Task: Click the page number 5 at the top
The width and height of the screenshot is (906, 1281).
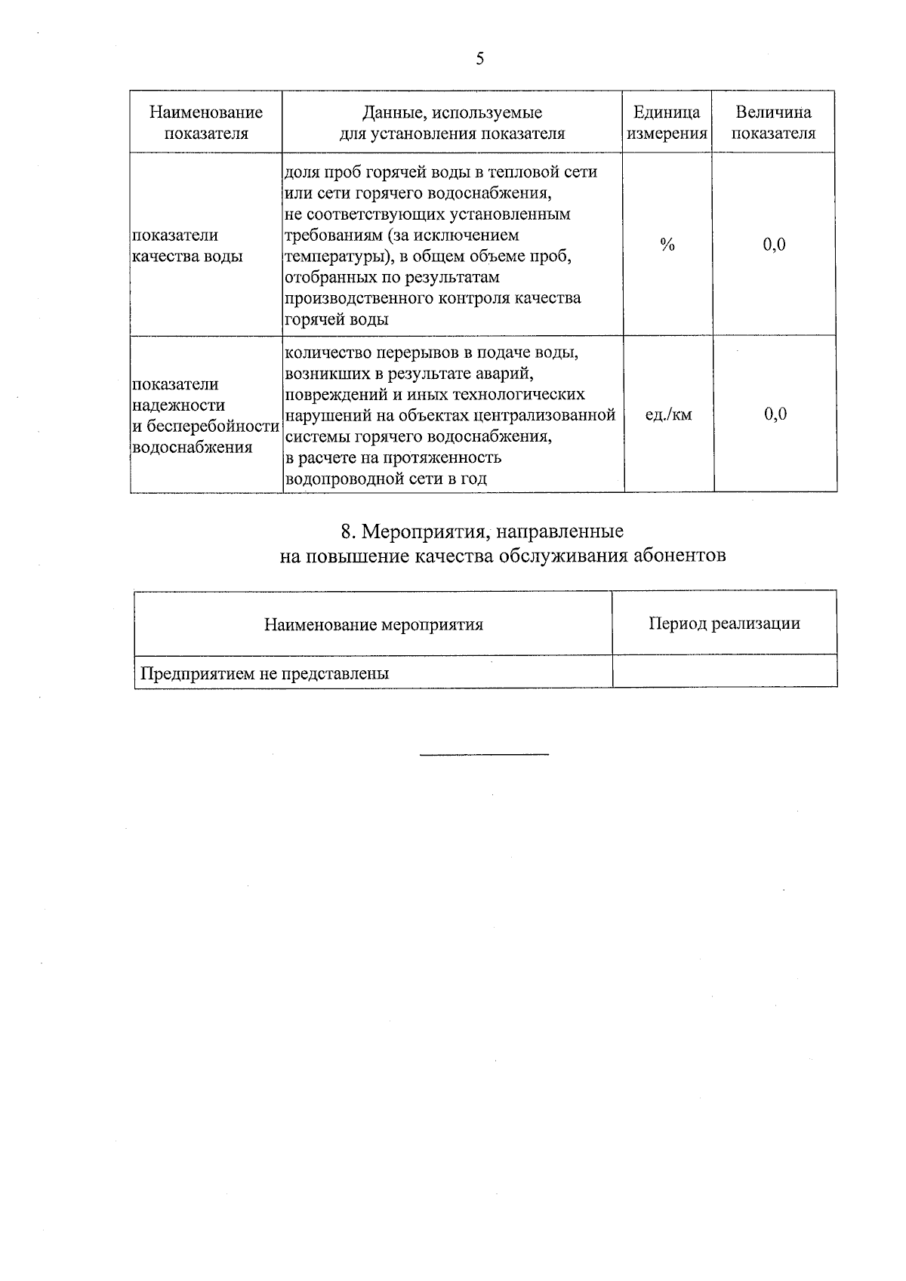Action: point(480,59)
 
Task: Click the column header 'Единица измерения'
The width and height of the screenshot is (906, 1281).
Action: point(667,123)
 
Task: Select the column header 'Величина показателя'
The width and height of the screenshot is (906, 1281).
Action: point(773,123)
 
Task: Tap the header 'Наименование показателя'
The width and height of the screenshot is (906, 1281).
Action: point(206,123)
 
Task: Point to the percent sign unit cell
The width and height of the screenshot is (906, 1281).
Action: point(667,245)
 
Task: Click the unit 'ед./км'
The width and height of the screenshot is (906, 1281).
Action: point(669,414)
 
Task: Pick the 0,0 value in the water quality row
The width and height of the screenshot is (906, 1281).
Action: point(774,245)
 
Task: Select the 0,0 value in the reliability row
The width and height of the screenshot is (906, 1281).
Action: point(775,414)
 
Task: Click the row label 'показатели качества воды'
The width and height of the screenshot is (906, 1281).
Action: point(187,246)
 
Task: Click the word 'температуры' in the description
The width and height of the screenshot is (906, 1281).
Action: point(333,257)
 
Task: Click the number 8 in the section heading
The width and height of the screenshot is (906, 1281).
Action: point(347,531)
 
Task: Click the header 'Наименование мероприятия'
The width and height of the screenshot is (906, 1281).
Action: point(373,625)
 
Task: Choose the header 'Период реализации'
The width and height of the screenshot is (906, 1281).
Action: point(724,624)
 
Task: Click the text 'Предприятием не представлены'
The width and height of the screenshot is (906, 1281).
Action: point(265,673)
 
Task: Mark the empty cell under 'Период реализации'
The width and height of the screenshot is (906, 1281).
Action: point(724,671)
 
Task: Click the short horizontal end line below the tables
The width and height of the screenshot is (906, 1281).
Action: point(484,754)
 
